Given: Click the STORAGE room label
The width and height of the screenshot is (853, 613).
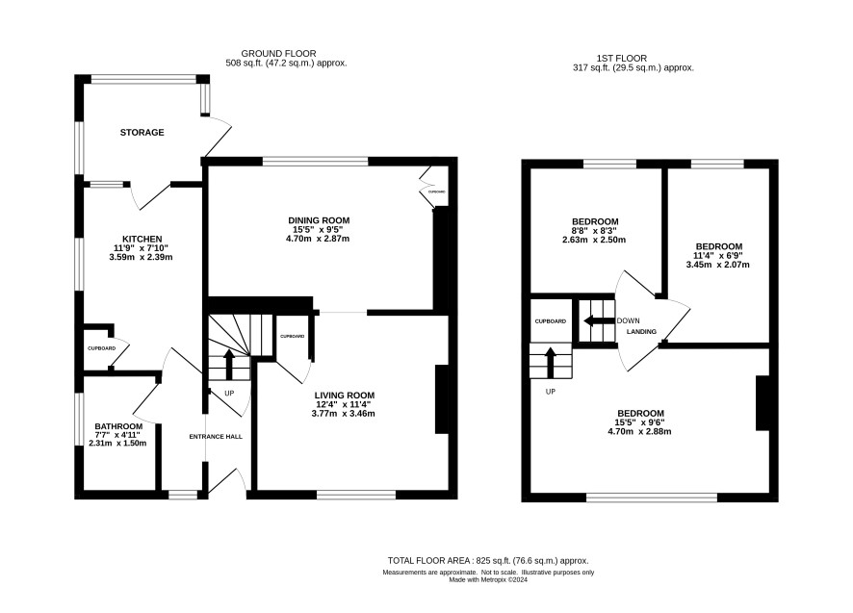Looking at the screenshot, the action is coord(142,132).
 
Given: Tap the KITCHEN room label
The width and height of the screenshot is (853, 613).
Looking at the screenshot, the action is coord(142,239).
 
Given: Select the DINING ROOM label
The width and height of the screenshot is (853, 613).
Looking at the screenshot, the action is coord(319,220).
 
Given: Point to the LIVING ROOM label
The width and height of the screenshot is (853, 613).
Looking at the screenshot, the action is coord(345,396).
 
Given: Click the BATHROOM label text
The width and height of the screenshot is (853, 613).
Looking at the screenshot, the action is coord(118,426).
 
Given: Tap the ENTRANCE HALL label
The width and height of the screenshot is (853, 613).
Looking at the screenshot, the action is coord(216,436).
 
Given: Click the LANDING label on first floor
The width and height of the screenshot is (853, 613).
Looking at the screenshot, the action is coord(642,331).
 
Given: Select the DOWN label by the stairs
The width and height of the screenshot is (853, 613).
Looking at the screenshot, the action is coord(629,320).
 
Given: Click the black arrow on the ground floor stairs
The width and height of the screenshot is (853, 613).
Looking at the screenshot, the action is coord(229,365).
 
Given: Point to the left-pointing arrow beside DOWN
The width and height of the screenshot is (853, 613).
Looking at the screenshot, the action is coord(599,320).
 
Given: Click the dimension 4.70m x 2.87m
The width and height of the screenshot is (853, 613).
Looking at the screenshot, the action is coord(318,239).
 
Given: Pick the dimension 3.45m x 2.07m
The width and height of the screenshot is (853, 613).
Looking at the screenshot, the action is coord(717,265).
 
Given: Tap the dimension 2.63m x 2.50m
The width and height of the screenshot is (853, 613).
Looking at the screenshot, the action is coord(594,240).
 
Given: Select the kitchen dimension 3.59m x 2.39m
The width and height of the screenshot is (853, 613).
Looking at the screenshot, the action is coord(141,257).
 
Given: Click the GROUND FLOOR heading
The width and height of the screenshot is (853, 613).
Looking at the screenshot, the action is coord(278,53).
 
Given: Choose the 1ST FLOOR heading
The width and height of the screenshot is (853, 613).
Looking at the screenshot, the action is coord(621,58).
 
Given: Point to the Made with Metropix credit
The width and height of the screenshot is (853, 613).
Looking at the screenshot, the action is coord(488,580).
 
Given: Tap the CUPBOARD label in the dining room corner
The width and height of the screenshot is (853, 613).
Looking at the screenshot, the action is coord(437,192).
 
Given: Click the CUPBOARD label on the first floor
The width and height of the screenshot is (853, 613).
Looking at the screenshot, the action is coord(551,321).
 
